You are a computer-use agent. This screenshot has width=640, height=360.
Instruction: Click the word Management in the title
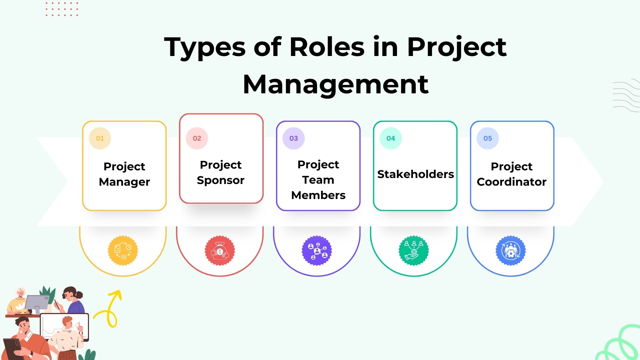tap(336, 84)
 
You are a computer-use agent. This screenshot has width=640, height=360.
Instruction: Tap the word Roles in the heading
tap(327, 47)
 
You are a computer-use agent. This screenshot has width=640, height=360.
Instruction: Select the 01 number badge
tap(100, 138)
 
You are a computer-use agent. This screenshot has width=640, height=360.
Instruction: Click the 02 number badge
tap(197, 138)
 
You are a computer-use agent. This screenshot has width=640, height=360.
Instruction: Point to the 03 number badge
tap(294, 138)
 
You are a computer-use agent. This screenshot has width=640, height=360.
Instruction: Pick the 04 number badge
tap(391, 138)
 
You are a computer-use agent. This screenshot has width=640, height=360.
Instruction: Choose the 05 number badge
tap(488, 138)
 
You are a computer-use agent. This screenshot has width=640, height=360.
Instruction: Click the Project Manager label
tap(124, 174)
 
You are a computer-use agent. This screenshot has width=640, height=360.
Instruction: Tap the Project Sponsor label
tap(221, 172)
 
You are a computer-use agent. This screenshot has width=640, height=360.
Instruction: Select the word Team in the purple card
tap(318, 180)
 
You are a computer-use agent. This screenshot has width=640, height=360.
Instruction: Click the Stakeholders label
tap(415, 174)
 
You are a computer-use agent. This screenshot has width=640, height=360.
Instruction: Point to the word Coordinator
tap(511, 182)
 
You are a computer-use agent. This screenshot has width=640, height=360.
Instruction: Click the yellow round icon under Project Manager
tap(123, 251)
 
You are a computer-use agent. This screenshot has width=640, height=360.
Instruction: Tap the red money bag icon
tap(220, 251)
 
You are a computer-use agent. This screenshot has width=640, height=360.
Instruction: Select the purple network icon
tap(317, 251)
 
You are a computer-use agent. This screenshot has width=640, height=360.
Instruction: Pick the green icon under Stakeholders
tap(414, 251)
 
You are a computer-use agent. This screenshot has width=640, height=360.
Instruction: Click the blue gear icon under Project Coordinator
tap(511, 251)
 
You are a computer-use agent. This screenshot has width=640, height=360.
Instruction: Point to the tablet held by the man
tap(12, 347)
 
